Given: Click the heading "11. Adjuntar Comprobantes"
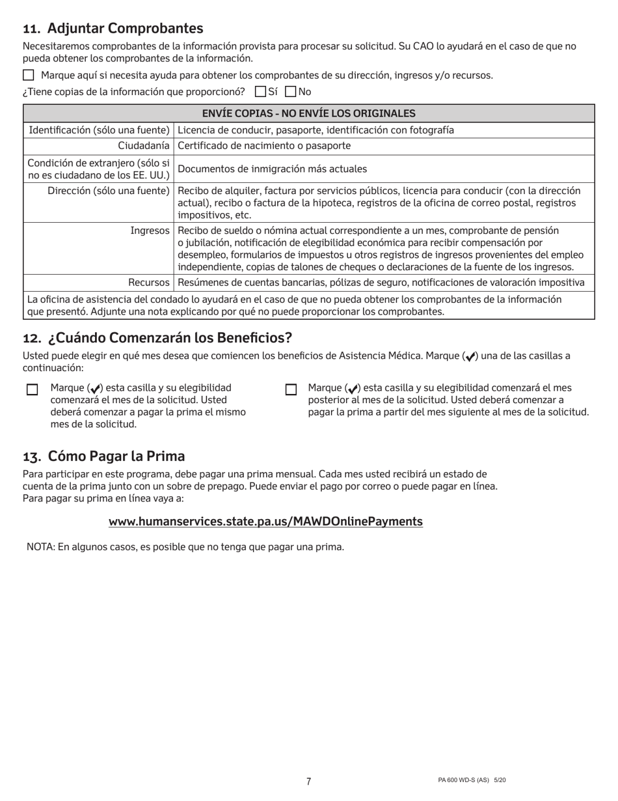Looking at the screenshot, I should pos(113,29).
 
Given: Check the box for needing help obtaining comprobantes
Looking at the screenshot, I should pos(28,75).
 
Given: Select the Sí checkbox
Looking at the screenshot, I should pos(260,91).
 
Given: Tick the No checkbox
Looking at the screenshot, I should pos(291,91).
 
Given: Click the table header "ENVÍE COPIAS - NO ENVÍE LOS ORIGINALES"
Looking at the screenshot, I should pos(309,113).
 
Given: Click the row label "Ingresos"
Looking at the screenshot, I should pos(150,230).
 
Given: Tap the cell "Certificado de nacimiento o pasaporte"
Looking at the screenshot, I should pos(263,146).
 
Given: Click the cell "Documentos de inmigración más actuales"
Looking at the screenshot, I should pos(272,169).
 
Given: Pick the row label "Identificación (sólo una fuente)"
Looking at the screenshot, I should pos(100,130).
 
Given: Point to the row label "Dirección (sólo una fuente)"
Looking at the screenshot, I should pos(109,191).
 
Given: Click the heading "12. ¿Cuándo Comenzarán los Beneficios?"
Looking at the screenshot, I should pos(157,338).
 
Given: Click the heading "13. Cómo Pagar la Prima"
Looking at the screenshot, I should pos(104,456).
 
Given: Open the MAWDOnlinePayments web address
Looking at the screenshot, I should pos(265,522).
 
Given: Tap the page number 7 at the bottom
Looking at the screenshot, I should pos(308,781).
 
